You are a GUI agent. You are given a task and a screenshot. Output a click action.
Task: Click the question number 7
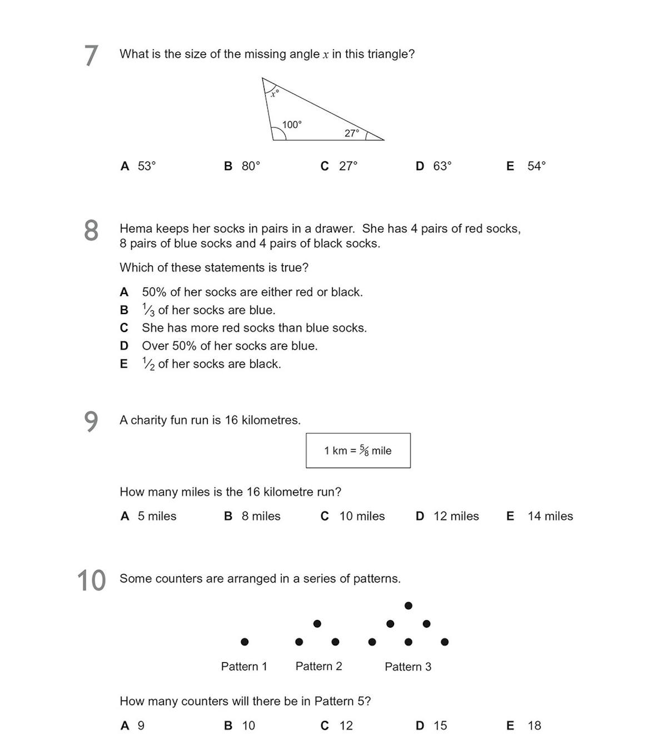[x=91, y=56]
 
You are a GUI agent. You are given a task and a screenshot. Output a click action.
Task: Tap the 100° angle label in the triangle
[x=292, y=125]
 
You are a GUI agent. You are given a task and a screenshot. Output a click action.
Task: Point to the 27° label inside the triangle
[x=352, y=133]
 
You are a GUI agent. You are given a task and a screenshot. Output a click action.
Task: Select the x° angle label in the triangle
[x=274, y=93]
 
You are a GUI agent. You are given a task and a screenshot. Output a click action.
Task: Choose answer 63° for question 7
[x=442, y=166]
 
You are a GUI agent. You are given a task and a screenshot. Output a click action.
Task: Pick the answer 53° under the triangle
[x=147, y=166]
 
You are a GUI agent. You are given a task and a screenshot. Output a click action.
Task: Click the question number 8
[x=91, y=230]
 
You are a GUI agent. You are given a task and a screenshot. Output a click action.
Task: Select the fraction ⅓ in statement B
[x=148, y=310]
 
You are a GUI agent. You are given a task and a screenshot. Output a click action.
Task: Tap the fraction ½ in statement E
[x=148, y=364]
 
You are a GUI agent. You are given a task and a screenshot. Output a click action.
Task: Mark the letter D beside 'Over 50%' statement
[x=124, y=346]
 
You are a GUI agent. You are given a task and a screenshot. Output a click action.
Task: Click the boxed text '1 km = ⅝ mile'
[x=358, y=450]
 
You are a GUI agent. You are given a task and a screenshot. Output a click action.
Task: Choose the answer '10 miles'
[x=362, y=516]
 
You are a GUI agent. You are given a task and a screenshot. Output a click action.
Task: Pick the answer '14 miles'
[x=550, y=516]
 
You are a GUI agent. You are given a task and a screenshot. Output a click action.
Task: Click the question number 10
[x=91, y=580]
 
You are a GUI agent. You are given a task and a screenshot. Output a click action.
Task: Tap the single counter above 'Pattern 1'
[x=245, y=642]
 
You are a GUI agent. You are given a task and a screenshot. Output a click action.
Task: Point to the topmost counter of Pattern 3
[x=409, y=605]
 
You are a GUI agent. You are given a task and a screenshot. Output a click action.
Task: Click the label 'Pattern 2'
[x=318, y=666]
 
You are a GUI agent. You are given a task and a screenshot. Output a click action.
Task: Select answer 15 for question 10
[x=440, y=726]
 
